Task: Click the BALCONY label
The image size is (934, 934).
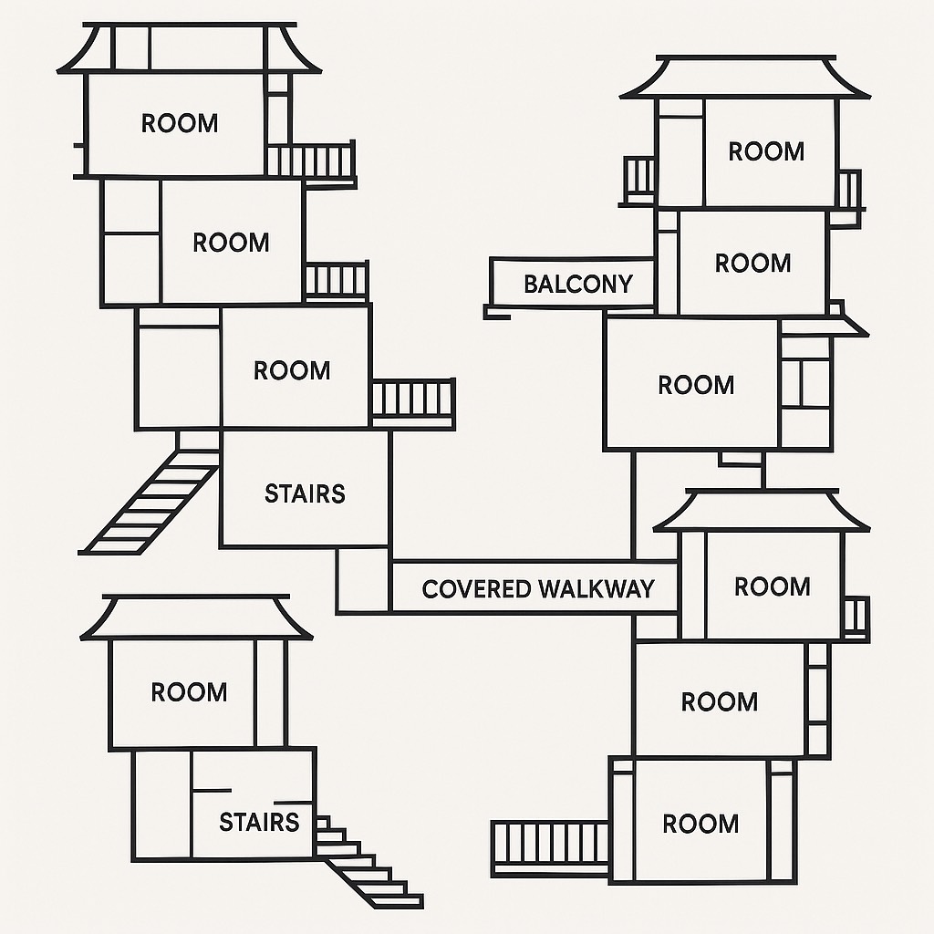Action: [577, 284]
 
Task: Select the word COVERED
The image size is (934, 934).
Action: [476, 588]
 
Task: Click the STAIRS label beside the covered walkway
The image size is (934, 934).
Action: [305, 493]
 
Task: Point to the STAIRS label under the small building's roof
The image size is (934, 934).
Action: [259, 822]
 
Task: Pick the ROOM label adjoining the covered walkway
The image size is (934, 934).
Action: [772, 586]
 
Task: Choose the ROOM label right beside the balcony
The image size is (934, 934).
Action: [752, 263]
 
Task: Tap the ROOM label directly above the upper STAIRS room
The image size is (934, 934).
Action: [292, 370]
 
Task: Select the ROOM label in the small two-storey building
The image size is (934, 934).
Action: [189, 691]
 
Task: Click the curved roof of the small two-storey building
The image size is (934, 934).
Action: [196, 617]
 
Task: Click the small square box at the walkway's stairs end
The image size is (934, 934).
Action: [363, 580]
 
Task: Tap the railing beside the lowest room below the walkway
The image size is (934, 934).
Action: [550, 846]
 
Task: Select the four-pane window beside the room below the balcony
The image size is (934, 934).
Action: [806, 383]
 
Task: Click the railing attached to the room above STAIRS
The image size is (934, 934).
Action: [412, 400]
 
